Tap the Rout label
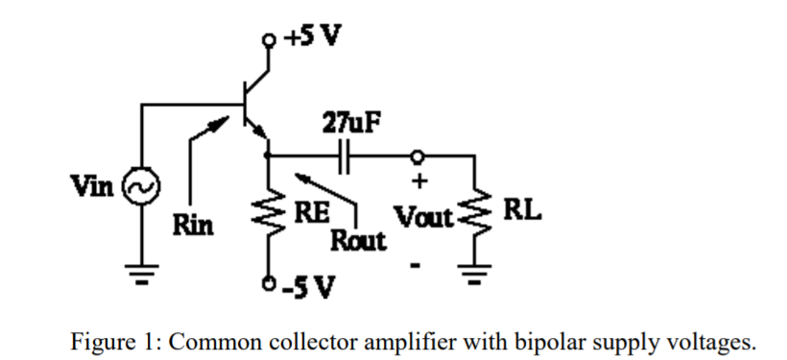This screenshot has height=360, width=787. (358, 240)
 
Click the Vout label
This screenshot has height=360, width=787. (421, 217)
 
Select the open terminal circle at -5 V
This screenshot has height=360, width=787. (267, 286)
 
